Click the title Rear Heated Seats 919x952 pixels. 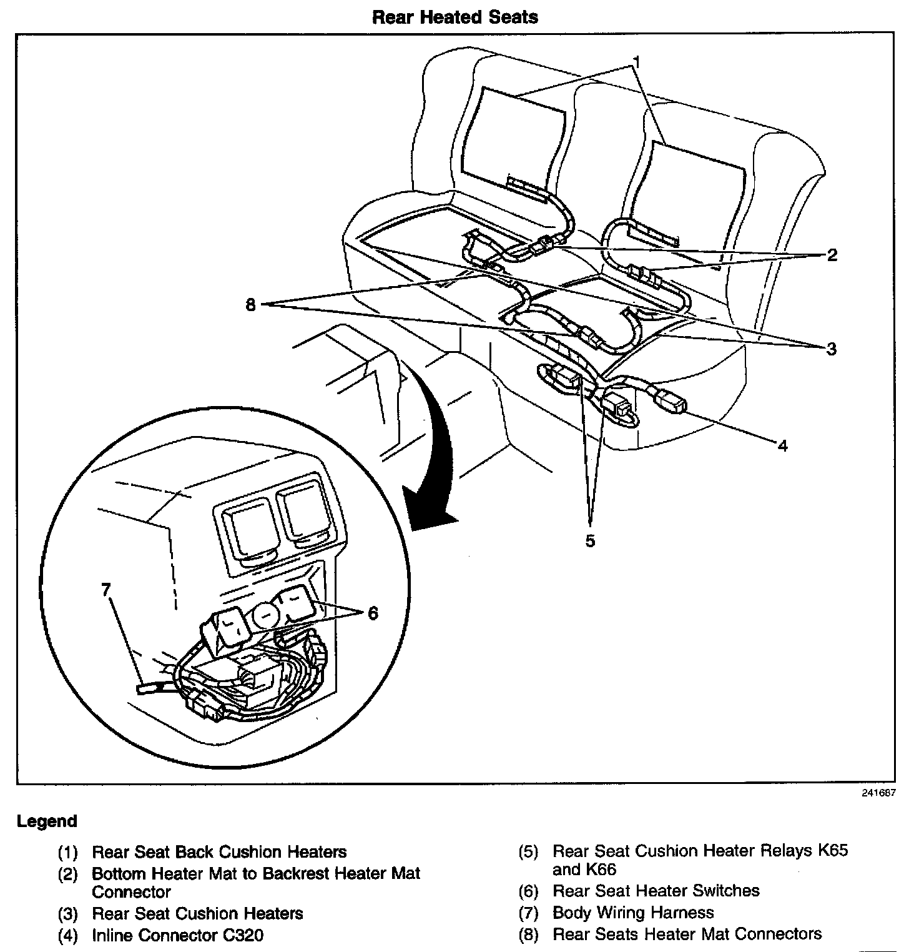[x=455, y=17]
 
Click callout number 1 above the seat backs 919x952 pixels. [x=636, y=61]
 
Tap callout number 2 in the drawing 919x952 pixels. [x=832, y=255]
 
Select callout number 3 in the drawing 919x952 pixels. [x=831, y=349]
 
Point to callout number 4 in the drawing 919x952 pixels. [x=783, y=445]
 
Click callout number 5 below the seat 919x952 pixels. [x=590, y=540]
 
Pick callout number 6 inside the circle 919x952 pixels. [x=373, y=613]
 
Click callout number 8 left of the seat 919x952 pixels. [x=251, y=306]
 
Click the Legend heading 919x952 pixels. [x=47, y=821]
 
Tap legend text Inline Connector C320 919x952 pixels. [x=177, y=935]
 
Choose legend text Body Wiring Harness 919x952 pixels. [x=632, y=913]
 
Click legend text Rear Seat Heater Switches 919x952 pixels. [x=656, y=891]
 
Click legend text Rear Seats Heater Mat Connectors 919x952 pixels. [x=687, y=934]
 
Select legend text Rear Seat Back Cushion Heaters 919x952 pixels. [x=219, y=851]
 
